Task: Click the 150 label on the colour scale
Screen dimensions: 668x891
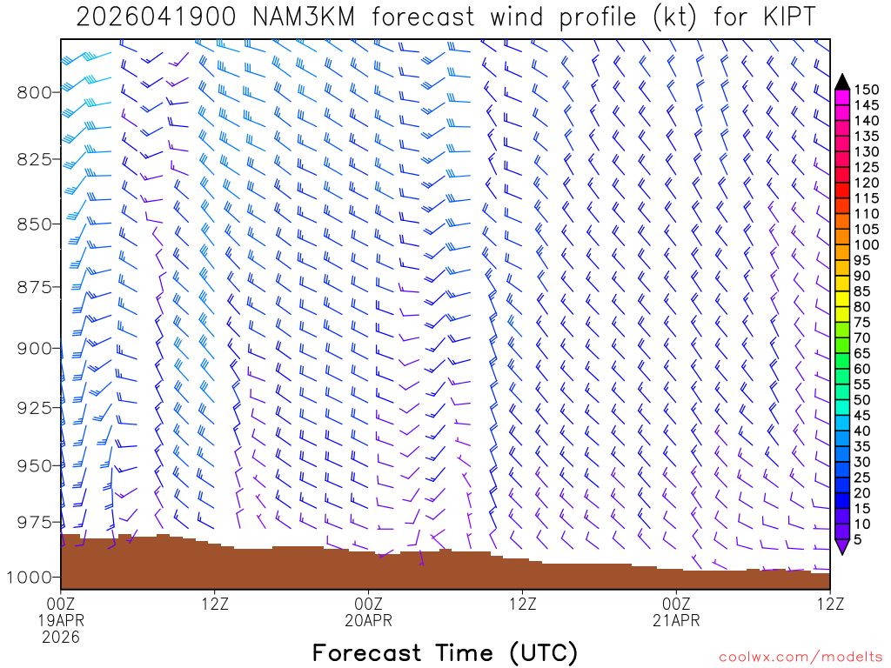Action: click(867, 90)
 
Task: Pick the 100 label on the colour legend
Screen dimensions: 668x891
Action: click(867, 229)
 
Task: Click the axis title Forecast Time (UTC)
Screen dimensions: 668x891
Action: click(445, 652)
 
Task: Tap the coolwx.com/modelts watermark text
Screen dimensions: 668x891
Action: click(800, 655)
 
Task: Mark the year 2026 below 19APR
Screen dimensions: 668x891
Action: click(61, 637)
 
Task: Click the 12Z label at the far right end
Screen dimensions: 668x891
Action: click(829, 604)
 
